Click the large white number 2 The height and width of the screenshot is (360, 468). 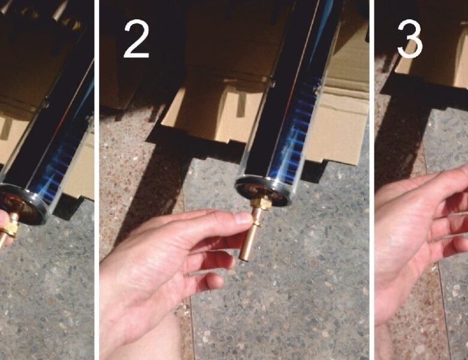136,39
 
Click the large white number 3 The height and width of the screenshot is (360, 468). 410,39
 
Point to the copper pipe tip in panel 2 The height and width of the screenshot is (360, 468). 245,256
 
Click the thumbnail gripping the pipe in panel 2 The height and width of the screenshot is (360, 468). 242,218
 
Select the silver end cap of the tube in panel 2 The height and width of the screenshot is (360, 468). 263,190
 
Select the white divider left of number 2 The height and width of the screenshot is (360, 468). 97,180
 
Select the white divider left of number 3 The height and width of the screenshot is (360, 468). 372,180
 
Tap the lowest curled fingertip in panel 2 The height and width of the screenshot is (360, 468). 215,281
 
